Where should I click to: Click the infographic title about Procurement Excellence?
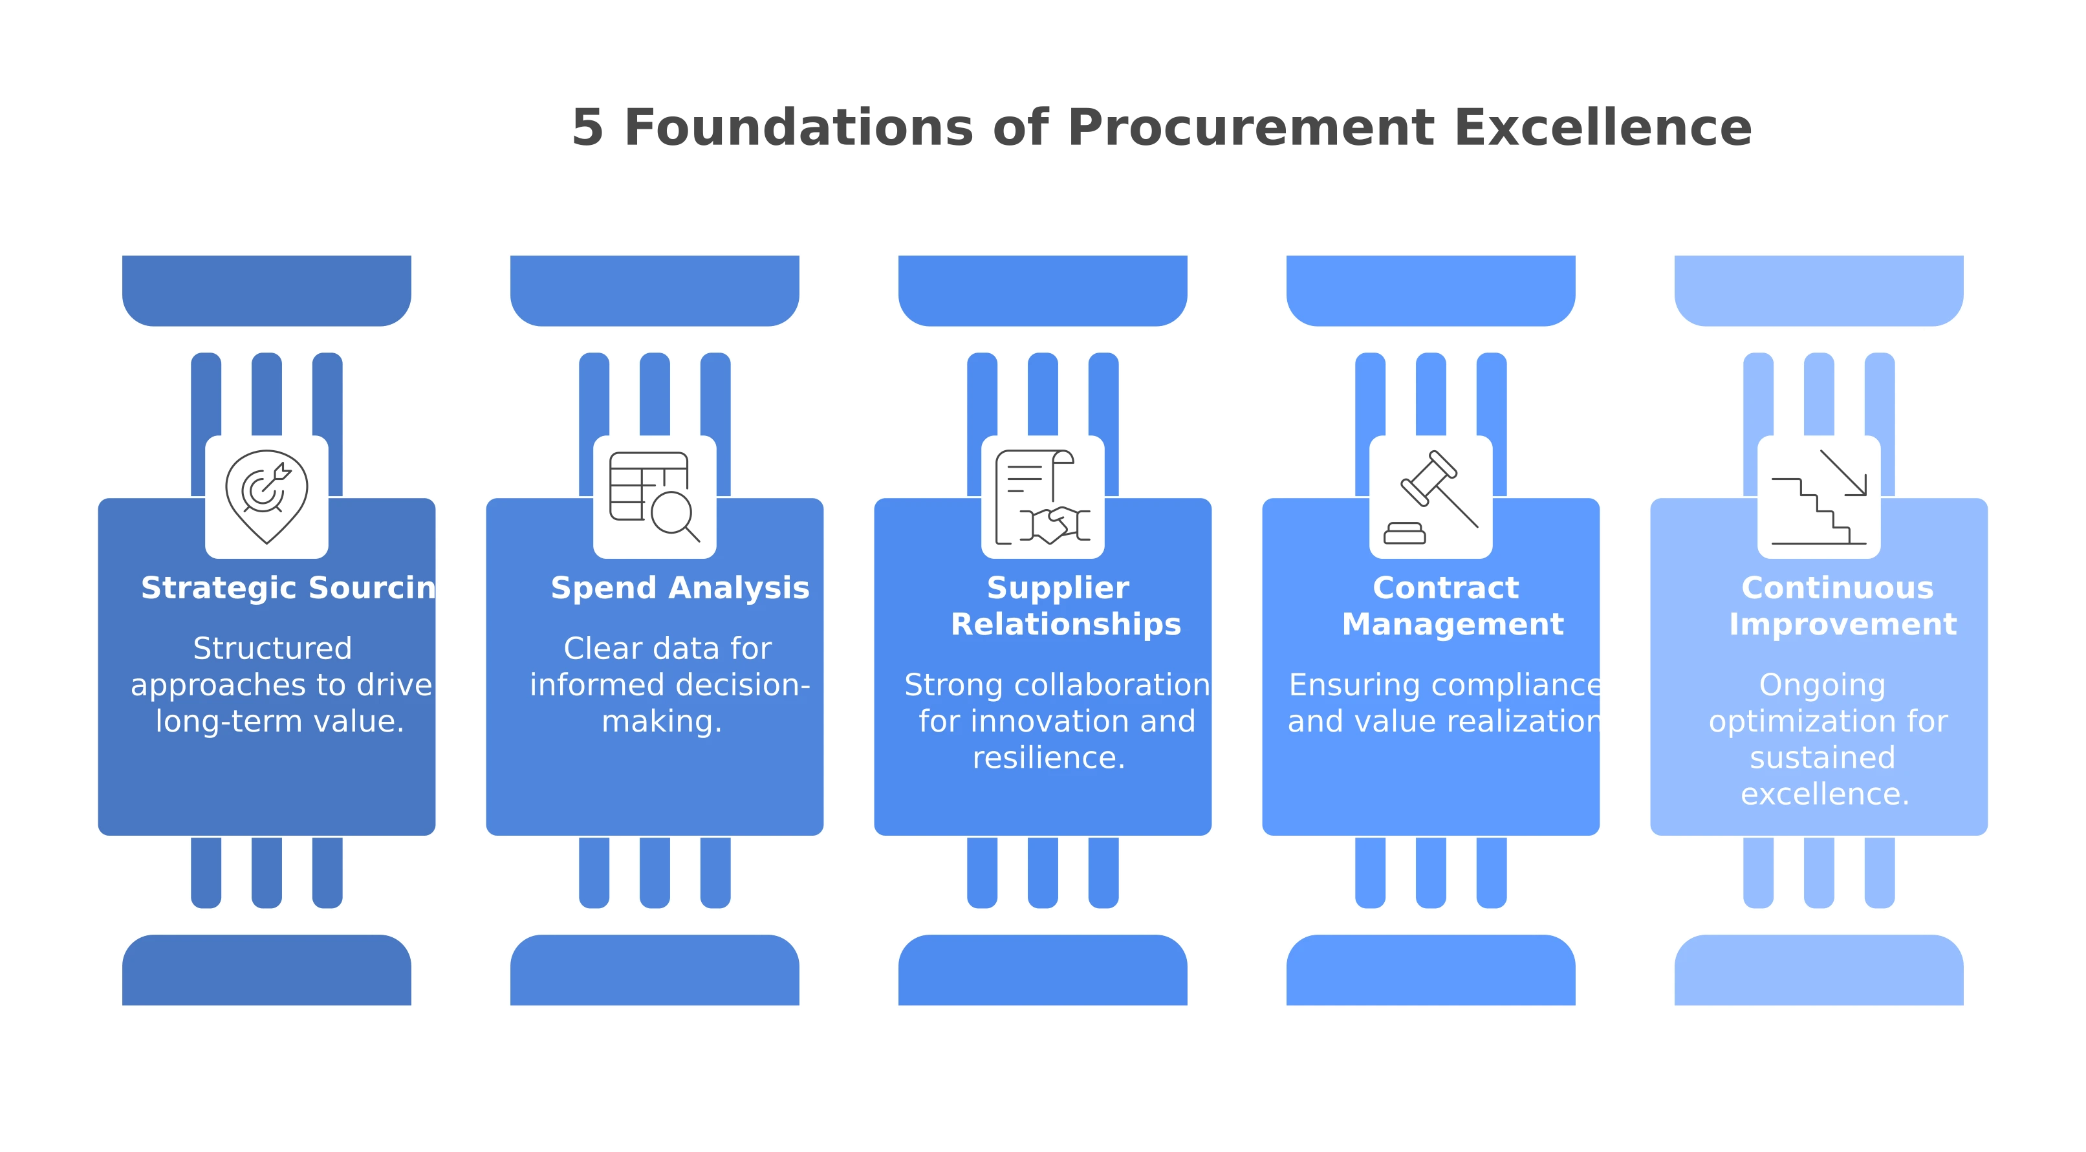(1161, 126)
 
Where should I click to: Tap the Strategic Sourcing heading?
(288, 588)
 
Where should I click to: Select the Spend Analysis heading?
(679, 588)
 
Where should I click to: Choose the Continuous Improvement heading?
(1842, 605)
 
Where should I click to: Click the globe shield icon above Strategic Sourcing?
(266, 496)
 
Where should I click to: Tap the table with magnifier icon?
(655, 496)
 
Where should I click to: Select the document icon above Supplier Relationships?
(1042, 496)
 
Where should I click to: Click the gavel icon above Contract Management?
(1430, 496)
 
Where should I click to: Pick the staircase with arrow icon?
(1818, 496)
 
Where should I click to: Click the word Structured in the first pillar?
(272, 649)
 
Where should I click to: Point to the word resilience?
(1048, 757)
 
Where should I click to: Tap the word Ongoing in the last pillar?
(1822, 685)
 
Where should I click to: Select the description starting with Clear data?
(668, 685)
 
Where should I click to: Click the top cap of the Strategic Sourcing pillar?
(266, 290)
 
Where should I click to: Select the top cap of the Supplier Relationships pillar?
(1042, 290)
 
